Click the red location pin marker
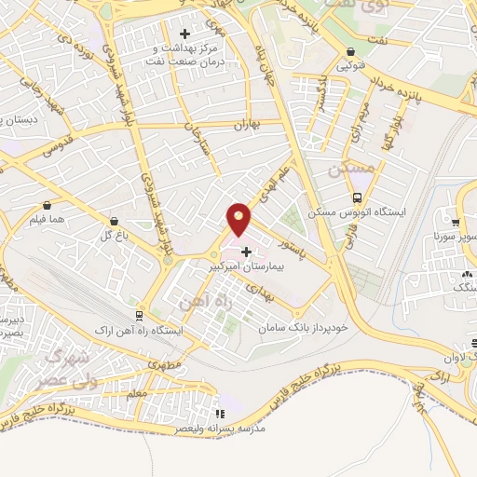coord(239,220)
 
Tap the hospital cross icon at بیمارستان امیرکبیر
coord(246,251)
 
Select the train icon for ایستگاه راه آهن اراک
coord(141,315)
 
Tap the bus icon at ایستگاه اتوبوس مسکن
coord(358,198)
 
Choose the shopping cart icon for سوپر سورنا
coord(456,223)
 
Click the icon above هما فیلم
coord(47,204)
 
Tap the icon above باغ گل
coord(114,222)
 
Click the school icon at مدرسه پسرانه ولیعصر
coord(220,414)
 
